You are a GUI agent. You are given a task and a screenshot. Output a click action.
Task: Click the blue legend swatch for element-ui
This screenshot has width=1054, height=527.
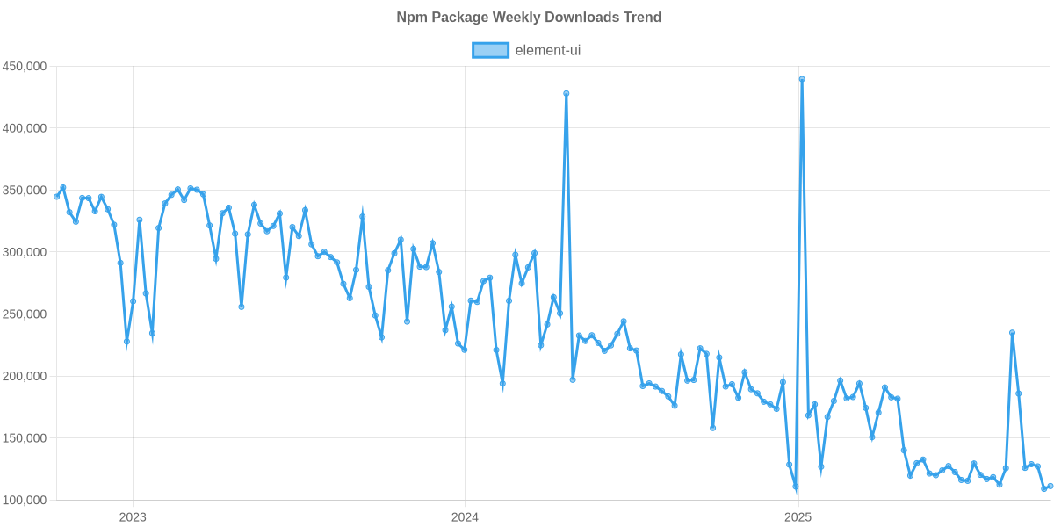[x=490, y=50]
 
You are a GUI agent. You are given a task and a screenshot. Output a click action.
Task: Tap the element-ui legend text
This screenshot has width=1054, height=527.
[x=548, y=50]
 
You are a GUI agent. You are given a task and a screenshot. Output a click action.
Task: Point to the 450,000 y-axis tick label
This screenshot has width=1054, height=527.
[x=24, y=66]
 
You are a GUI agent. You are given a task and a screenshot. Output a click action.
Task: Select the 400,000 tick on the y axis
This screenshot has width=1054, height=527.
[x=24, y=128]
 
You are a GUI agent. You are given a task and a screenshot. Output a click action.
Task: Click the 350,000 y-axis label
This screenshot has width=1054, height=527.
[x=24, y=191]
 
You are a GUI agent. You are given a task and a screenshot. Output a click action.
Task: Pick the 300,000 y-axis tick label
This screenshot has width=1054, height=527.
[x=24, y=252]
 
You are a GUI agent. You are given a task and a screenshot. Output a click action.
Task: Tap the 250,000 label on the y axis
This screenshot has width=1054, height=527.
[x=24, y=314]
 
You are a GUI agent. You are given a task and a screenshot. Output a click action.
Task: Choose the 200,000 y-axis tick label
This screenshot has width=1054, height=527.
[x=24, y=376]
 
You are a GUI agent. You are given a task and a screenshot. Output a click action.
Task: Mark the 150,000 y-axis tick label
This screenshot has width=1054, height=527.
[x=24, y=438]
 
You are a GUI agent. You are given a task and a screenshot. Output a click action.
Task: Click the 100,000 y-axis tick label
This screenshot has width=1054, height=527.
[x=24, y=500]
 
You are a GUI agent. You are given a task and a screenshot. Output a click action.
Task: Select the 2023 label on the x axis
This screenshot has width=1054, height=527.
[x=133, y=516]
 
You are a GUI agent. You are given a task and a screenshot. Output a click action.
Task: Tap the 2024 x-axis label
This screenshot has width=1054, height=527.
[x=465, y=516]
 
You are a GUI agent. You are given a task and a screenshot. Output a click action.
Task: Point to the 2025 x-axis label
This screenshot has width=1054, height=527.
[x=797, y=516]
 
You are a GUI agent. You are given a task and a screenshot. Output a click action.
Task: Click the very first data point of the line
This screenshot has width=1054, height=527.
[x=56, y=197]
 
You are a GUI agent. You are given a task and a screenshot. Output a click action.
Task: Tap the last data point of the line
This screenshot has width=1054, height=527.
[x=1050, y=486]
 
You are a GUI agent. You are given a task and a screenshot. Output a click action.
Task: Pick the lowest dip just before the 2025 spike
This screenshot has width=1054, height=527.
[x=796, y=487]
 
